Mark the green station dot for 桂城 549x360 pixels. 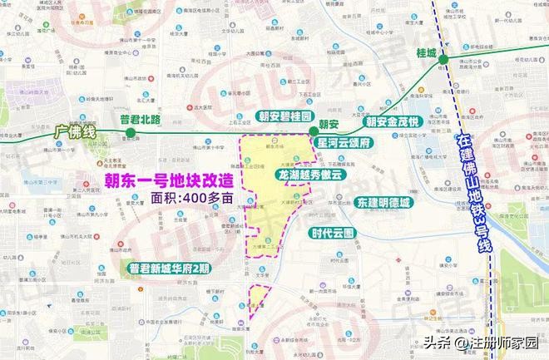tap(444, 59)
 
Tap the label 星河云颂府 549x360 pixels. tap(348, 142)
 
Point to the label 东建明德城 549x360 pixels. tap(383, 202)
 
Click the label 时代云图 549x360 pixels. tap(331, 232)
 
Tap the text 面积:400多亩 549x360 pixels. tap(185, 200)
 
